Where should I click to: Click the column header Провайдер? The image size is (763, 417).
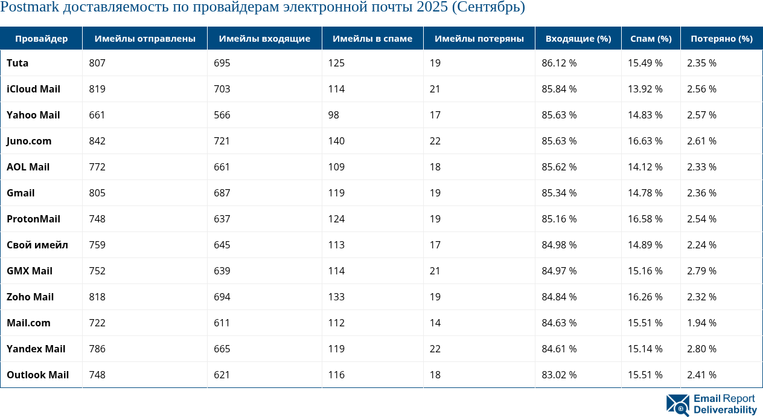point(41,39)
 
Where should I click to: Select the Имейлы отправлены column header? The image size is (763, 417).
point(145,39)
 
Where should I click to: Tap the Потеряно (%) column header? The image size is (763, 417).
point(721,39)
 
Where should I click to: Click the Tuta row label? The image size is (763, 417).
point(18,63)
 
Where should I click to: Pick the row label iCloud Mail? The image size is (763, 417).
point(33,89)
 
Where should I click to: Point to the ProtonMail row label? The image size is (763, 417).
point(33,219)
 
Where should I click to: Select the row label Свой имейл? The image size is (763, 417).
point(37,245)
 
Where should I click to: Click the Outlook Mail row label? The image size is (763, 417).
point(37,375)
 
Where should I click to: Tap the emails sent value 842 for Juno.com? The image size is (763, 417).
point(97,141)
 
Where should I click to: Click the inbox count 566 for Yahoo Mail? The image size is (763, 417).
point(222,115)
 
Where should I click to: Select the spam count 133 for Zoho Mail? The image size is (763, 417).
point(336,297)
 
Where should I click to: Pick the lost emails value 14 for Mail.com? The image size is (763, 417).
point(435,323)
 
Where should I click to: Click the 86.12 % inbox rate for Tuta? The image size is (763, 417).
point(559,63)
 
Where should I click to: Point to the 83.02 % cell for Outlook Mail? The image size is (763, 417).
point(559,375)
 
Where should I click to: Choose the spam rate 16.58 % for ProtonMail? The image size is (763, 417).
point(645,219)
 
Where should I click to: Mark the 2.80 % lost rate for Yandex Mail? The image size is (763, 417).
point(701,349)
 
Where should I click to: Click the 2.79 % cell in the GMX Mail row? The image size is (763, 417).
point(701,271)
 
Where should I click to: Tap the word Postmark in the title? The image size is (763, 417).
point(30,7)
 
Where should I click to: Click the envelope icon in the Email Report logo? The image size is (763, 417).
point(677,405)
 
